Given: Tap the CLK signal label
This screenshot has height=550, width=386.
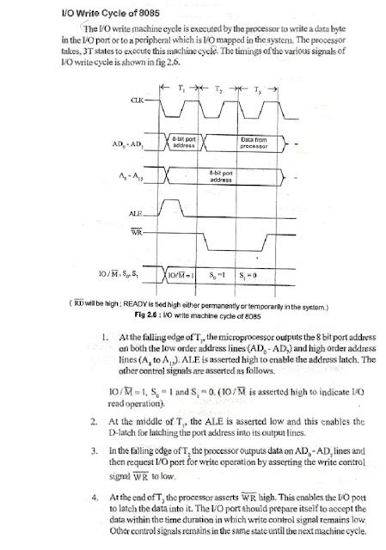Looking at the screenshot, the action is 137,101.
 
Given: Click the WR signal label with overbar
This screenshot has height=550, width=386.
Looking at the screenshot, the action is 136,233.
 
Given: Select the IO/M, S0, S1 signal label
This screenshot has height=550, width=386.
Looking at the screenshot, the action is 118,274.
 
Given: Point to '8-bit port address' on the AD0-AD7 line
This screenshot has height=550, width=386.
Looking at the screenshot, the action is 184,142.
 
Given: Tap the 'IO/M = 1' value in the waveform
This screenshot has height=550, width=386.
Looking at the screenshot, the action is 182,275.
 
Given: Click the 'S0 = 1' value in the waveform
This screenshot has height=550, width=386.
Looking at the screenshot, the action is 218,275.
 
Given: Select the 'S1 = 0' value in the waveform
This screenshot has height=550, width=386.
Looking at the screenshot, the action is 257,275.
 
